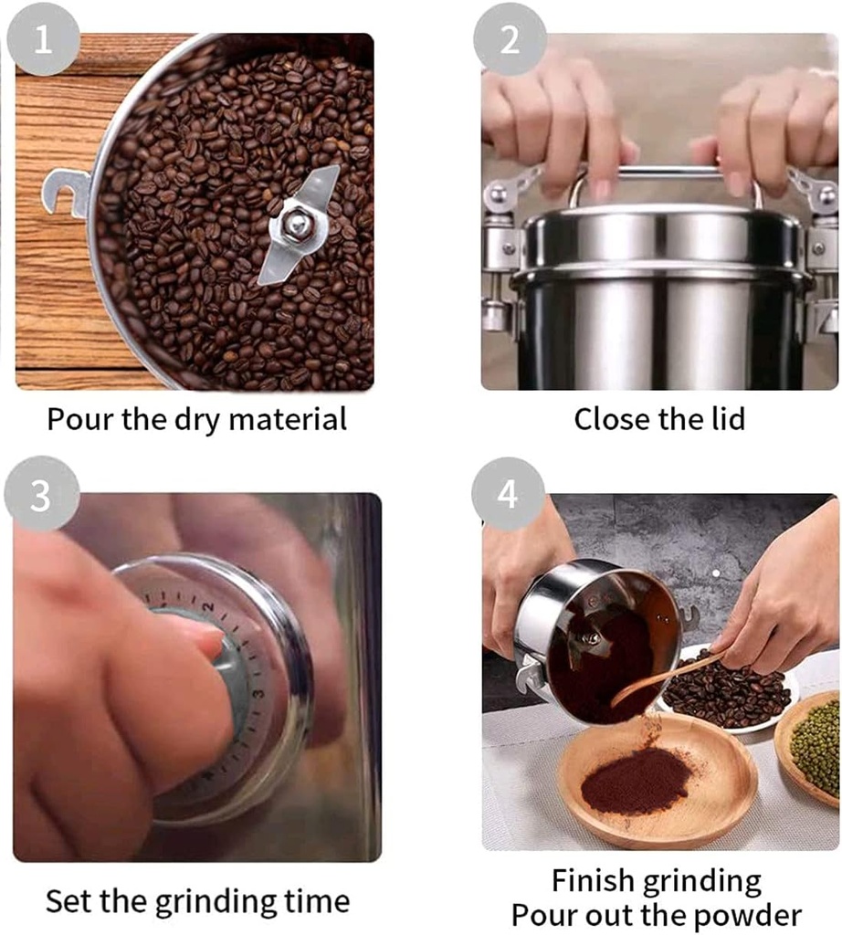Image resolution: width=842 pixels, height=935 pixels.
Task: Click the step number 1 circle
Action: coord(43,39)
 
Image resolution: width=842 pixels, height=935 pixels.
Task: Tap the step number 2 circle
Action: coord(510,39)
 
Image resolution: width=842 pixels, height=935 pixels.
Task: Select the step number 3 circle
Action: coord(41,495)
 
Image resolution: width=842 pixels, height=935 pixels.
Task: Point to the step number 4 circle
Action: coord(508,495)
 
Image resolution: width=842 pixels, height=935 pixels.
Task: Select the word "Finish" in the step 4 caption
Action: coord(594,881)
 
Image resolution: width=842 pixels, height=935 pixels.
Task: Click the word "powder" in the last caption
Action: coord(748,915)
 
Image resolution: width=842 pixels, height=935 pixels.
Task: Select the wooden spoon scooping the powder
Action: coord(662,680)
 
